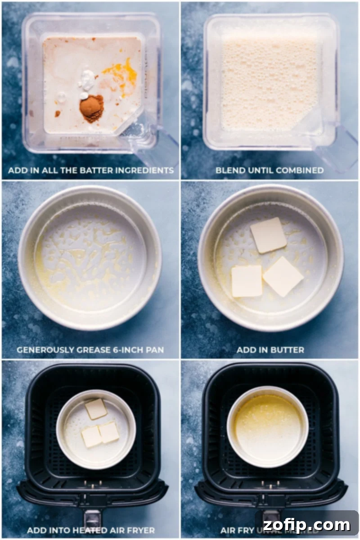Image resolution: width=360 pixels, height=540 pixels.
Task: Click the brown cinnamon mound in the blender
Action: coord(91,108)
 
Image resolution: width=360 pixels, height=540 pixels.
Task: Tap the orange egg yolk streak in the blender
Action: coord(121,74)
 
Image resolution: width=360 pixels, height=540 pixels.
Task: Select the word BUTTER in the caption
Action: coord(288,350)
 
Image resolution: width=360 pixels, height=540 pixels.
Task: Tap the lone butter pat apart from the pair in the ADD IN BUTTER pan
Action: coord(268,235)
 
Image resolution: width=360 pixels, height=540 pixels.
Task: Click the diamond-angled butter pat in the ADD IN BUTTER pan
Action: coord(283,276)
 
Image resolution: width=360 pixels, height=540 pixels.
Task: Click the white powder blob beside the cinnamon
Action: coord(87,81)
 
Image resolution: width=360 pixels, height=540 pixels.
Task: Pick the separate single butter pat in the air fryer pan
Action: coord(96,409)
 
